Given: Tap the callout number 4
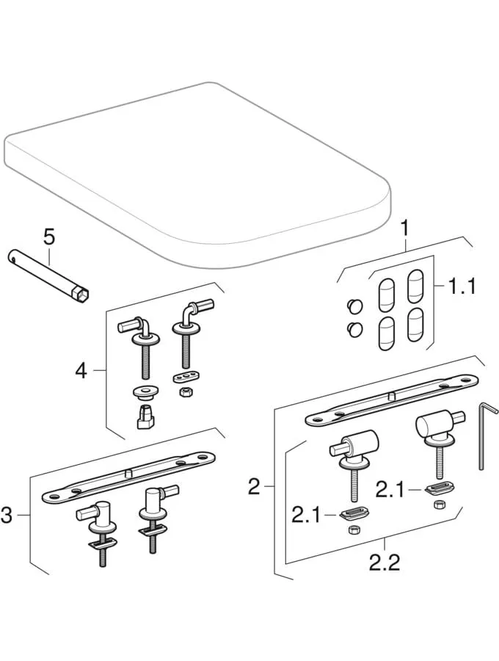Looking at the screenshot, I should coord(81,371).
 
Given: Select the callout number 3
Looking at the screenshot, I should coord(7,516).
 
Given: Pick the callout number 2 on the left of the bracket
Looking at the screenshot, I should coord(254,486).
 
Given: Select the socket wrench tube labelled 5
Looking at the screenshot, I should coord(48,272).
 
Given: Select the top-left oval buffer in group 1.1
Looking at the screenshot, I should coord(385,292).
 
